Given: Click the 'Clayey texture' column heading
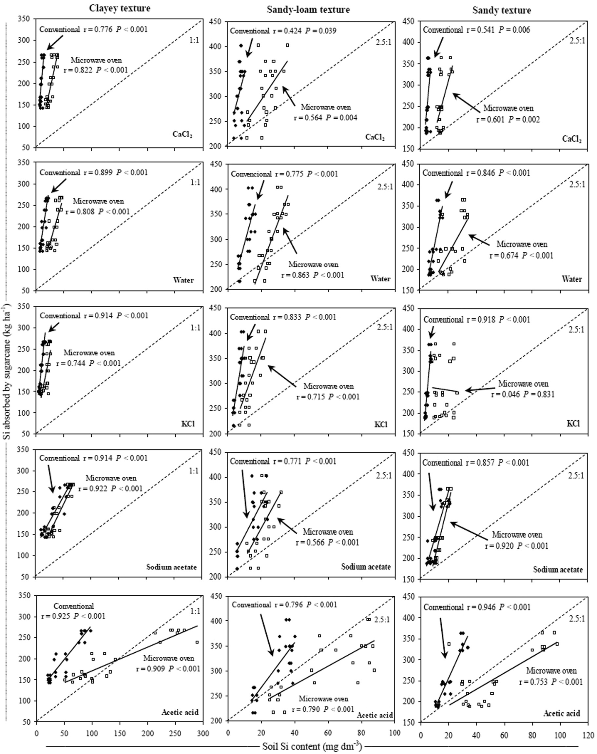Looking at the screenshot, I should click(x=120, y=9).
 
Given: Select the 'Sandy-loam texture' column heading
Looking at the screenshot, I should click(x=308, y=10).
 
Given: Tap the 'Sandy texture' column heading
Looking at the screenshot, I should click(x=501, y=10).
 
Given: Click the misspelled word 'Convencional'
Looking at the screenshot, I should click(x=251, y=174).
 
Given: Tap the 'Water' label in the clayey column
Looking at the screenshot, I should click(x=183, y=280).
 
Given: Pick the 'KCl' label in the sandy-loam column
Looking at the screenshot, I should click(x=381, y=425).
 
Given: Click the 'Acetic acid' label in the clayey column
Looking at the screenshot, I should click(x=180, y=712).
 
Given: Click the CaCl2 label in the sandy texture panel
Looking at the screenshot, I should click(x=571, y=139).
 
